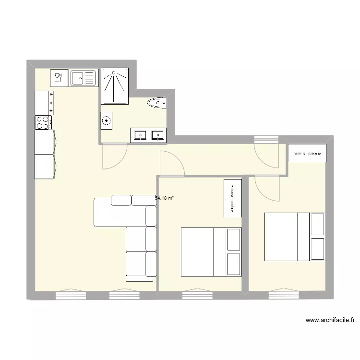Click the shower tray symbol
point(114,85)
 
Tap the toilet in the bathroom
point(157,102)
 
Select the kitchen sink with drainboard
point(84,78)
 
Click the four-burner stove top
point(44,122)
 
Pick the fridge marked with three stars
point(44,103)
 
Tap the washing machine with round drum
point(106,121)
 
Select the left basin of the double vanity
point(141,135)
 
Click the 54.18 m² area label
point(165,197)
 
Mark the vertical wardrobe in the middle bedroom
point(232,198)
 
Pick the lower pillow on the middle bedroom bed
point(233,264)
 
